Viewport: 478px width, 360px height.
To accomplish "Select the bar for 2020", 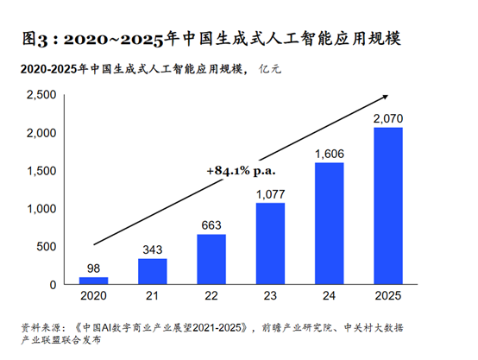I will [93, 281].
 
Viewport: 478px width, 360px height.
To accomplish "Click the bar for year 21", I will [152, 271].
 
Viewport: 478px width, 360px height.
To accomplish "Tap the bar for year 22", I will [211, 259].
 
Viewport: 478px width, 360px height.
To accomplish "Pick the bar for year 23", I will [269, 243].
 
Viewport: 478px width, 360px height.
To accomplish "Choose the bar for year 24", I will [328, 224].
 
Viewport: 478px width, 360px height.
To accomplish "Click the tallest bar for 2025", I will [387, 206].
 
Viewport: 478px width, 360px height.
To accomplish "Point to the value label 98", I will [93, 268].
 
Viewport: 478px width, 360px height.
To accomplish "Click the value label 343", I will [152, 249].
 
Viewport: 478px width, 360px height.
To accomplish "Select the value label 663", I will [211, 225].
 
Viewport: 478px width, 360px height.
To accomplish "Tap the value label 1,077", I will [269, 193].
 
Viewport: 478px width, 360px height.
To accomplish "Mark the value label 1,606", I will [328, 154].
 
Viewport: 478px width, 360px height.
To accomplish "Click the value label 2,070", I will [387, 118].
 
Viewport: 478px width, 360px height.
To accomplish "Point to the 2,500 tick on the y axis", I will [41, 96].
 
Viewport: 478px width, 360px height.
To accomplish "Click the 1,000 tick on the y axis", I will [41, 209].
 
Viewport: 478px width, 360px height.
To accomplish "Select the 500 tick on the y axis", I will [46, 247].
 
